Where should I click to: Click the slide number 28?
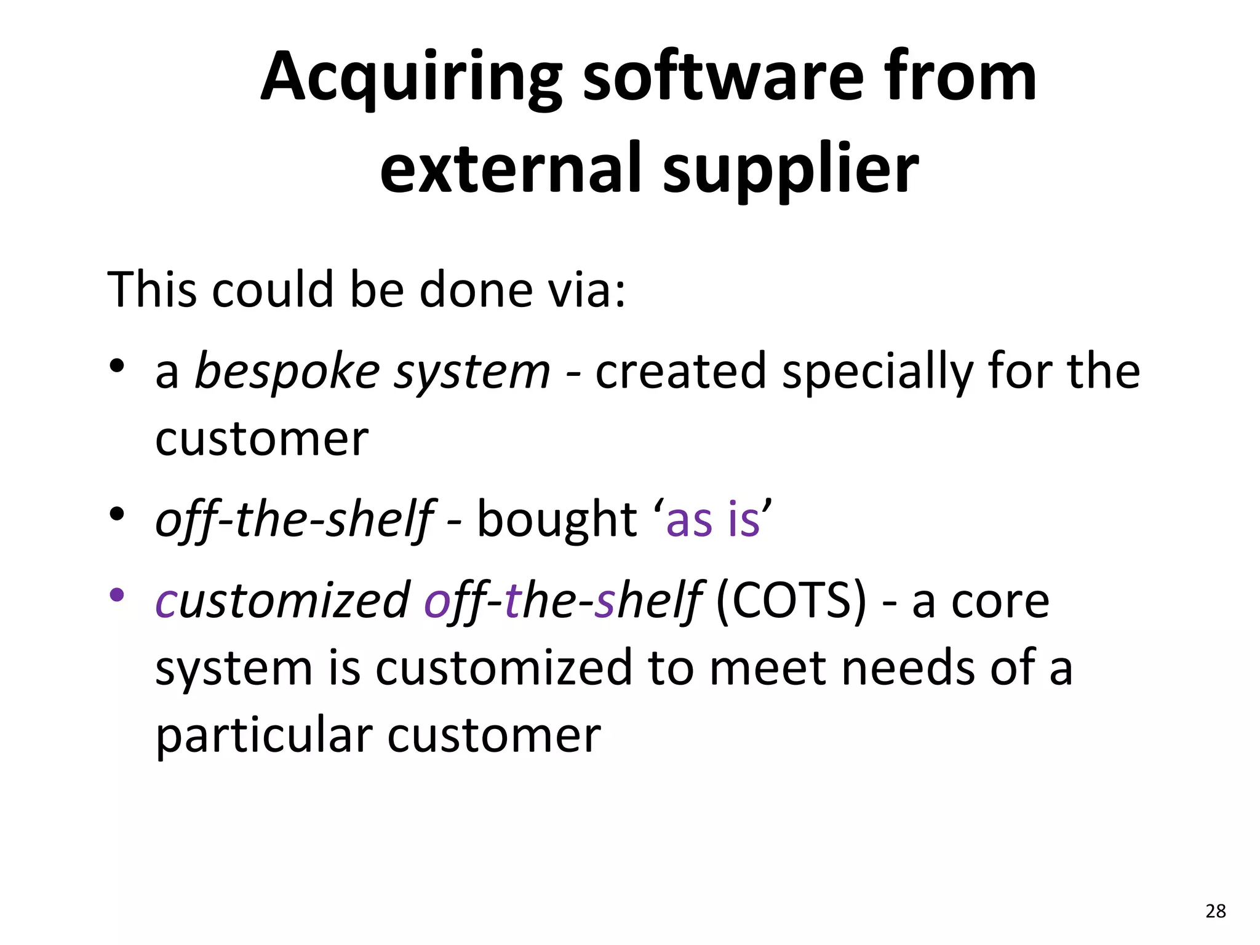pyautogui.click(x=1216, y=911)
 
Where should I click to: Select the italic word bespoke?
pyautogui.click(x=287, y=372)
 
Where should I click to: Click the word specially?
pyautogui.click(x=877, y=372)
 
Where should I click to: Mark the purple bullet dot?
pyautogui.click(x=117, y=595)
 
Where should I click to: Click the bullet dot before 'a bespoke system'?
pyautogui.click(x=117, y=367)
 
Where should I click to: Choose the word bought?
pyautogui.click(x=557, y=519)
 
